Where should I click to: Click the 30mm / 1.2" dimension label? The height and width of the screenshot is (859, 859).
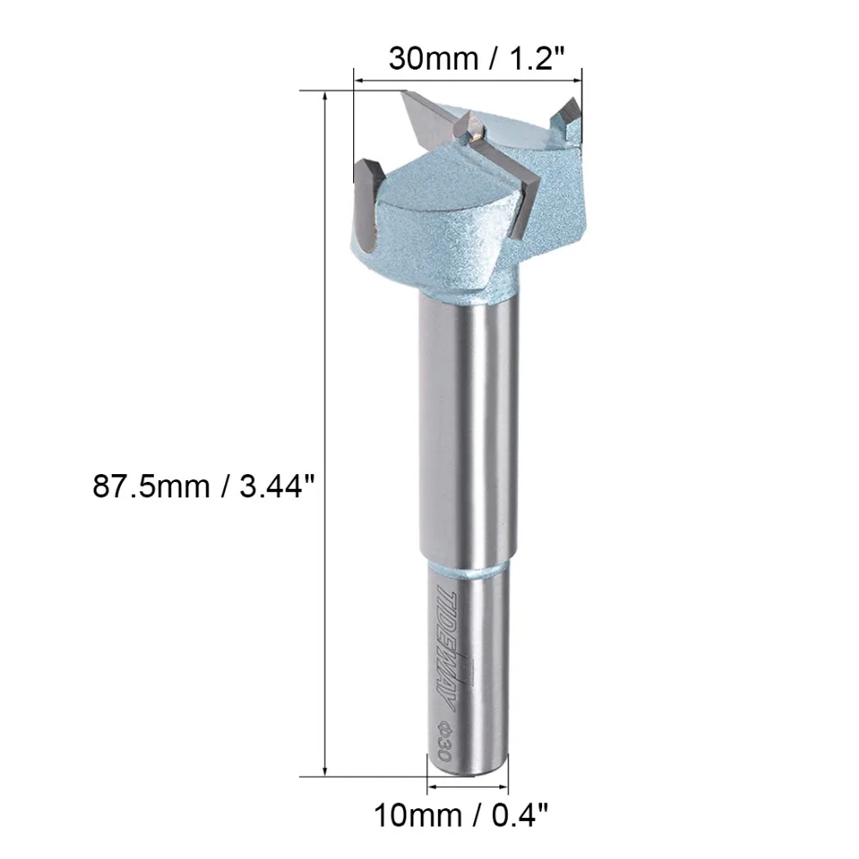click(476, 58)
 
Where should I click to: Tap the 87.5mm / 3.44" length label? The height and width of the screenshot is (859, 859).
click(204, 486)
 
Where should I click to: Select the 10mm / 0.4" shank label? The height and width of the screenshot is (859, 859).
click(460, 815)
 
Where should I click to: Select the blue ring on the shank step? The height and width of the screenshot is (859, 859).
click(469, 568)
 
